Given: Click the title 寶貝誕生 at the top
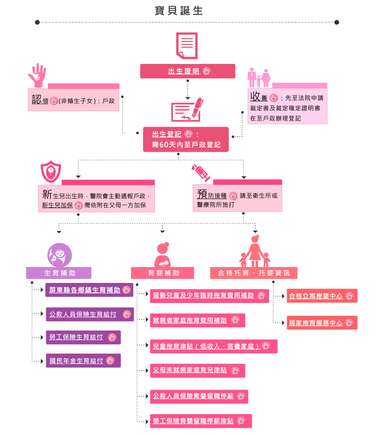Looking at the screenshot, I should tap(179, 11).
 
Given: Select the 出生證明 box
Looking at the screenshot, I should tap(187, 71).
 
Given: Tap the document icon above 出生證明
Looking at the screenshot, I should tap(187, 45).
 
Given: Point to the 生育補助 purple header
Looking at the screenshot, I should tap(59, 273).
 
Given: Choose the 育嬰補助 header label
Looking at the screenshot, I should tap(162, 273).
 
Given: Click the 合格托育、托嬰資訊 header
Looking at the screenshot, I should tap(254, 273).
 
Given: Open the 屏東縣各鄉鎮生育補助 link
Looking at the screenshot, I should tap(89, 290).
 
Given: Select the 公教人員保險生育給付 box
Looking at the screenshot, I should tap(90, 314).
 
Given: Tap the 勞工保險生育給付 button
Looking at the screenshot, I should tap(83, 337).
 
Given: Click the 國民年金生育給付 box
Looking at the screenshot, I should tap(83, 360).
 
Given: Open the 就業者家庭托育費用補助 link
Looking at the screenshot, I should tap(197, 320).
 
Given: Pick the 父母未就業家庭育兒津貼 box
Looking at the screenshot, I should tap(197, 370).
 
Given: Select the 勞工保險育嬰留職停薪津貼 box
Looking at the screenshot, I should tap(201, 421).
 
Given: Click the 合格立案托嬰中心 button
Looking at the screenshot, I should tap(322, 296).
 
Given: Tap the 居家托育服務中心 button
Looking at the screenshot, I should tap(322, 323).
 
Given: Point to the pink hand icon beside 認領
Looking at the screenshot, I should tap(37, 75).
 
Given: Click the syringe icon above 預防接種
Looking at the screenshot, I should tap(201, 172).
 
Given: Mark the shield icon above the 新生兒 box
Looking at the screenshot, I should tap(51, 171).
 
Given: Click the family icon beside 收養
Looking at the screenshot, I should tap(259, 78).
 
